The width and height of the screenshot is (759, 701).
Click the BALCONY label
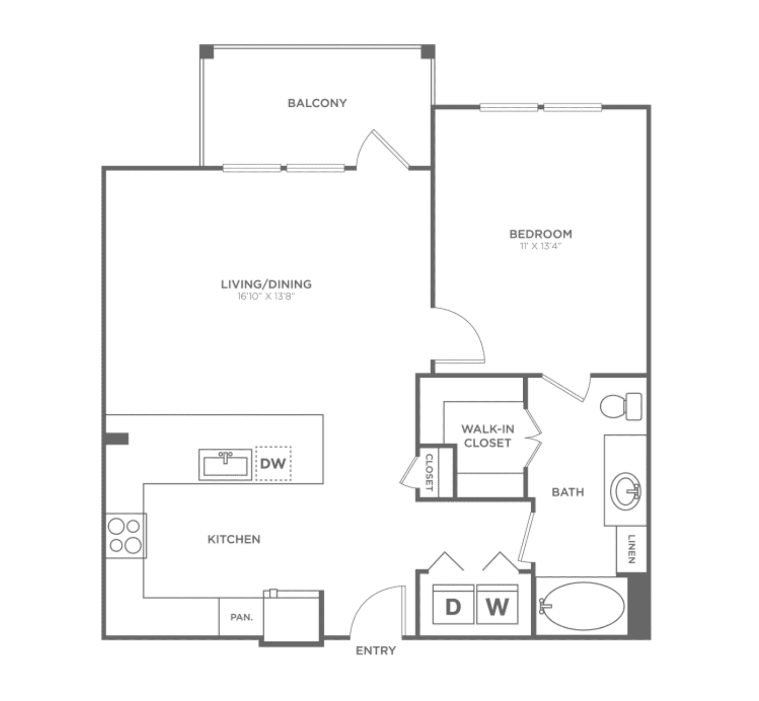[x=317, y=103]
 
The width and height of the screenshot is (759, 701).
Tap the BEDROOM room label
[x=541, y=234]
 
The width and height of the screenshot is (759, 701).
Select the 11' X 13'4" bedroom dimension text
[x=541, y=246]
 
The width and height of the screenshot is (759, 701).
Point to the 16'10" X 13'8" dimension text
[x=266, y=296]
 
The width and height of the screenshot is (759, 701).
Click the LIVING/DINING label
[x=266, y=284]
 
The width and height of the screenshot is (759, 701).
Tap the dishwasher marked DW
[x=273, y=463]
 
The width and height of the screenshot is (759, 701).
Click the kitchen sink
[x=225, y=464]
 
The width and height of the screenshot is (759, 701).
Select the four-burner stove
[x=126, y=535]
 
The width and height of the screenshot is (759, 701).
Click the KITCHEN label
[x=234, y=540]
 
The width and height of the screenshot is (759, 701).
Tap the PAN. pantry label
[x=242, y=617]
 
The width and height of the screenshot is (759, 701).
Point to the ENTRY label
[x=376, y=651]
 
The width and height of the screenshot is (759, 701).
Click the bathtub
[x=582, y=606]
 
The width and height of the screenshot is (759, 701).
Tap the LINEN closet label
[x=632, y=549]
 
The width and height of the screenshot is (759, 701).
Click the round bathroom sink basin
[x=625, y=492]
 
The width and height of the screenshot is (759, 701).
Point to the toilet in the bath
[x=621, y=406]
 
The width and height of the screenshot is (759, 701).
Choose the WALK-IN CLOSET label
[x=487, y=436]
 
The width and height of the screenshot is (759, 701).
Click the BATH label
[x=568, y=492]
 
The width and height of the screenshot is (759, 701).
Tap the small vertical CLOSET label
[x=429, y=472]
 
